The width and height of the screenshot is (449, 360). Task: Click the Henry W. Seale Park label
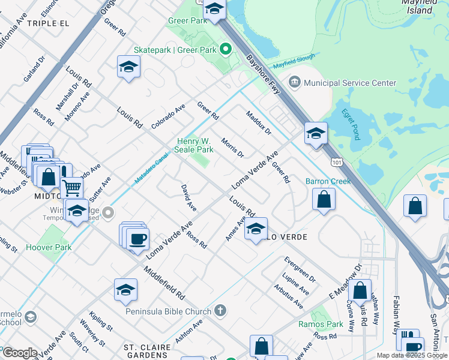[x=194, y=145]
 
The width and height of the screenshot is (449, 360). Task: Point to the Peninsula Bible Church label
[x=169, y=311]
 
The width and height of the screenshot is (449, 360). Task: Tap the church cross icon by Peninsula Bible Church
[x=220, y=310]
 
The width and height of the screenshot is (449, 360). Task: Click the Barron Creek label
[x=328, y=181]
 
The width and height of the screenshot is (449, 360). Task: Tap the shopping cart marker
[x=72, y=188]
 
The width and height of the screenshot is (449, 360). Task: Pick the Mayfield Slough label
[x=293, y=62]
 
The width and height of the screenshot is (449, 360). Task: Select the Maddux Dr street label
[x=258, y=122]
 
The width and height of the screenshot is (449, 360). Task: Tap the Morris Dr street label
[x=232, y=147]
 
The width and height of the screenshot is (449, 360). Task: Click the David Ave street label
[x=188, y=198]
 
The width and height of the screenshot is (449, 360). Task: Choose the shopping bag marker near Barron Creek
[x=324, y=200]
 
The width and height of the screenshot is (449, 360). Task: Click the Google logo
[x=20, y=353]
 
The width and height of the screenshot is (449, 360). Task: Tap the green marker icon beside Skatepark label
[x=226, y=49]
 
